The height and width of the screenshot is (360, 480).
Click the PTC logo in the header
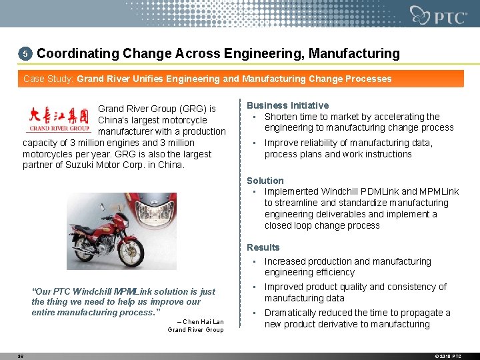[x=439, y=15]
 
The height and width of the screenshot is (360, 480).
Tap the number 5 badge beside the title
[x=25, y=53]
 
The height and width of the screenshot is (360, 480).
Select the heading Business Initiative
[x=287, y=105]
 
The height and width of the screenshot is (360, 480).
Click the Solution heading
[x=265, y=181]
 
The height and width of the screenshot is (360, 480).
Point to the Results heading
[x=263, y=247]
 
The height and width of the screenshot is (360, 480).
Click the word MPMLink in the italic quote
[x=133, y=291]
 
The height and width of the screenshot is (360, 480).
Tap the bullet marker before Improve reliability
[x=254, y=143]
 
